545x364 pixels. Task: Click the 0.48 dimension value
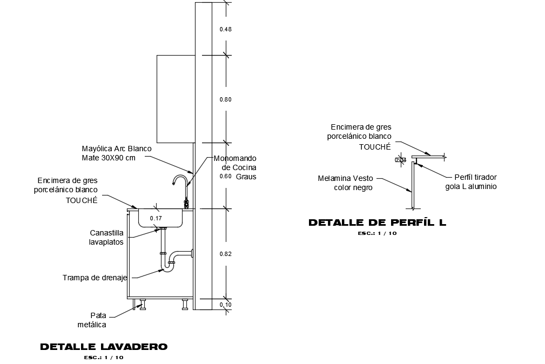(225, 29)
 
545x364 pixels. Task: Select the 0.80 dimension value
(225, 99)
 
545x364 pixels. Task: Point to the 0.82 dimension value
(226, 254)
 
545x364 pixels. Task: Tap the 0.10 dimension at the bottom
(225, 305)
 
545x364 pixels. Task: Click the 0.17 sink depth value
(156, 218)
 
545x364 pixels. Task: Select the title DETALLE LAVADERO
(104, 347)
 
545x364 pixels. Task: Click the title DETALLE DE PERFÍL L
(377, 223)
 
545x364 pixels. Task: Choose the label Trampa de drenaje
(95, 278)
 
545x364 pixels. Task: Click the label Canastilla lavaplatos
(106, 238)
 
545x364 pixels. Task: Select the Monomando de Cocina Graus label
(235, 167)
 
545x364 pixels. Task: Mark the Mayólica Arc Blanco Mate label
(116, 153)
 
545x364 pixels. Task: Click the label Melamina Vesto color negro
(346, 183)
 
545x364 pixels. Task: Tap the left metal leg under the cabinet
(142, 304)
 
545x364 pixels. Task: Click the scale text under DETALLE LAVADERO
(104, 358)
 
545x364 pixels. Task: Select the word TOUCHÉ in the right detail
(375, 147)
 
